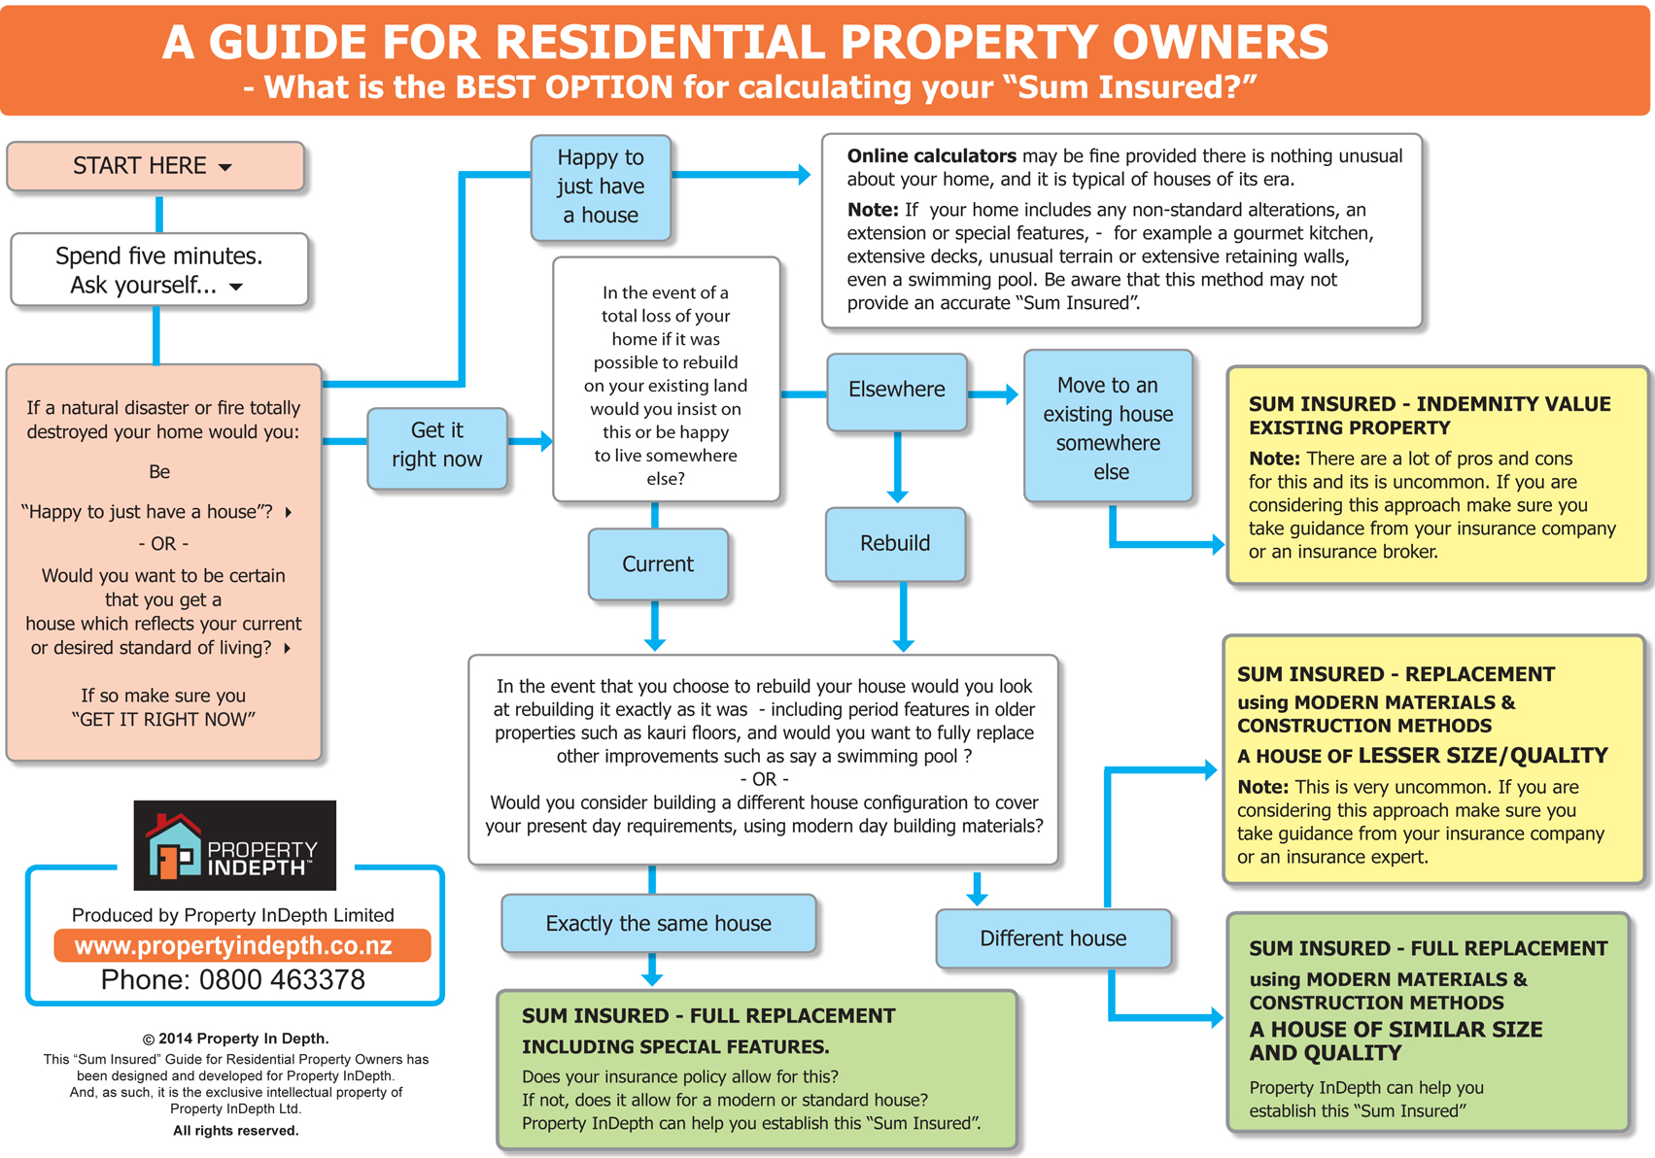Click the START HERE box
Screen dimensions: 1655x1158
(155, 166)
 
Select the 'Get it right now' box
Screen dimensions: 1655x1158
(436, 448)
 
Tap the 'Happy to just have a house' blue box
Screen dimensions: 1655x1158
(601, 187)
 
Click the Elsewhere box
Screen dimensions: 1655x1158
(896, 392)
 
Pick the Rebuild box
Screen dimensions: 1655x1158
(895, 544)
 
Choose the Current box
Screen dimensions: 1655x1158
(658, 564)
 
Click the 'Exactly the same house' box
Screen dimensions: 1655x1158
(658, 923)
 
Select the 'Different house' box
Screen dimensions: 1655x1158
(1053, 938)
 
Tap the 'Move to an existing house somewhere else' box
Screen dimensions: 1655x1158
(1108, 426)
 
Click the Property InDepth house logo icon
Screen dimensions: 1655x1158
(174, 846)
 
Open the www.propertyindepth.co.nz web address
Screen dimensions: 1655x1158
(233, 946)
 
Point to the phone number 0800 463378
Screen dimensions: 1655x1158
(282, 980)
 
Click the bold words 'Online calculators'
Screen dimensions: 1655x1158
(932, 155)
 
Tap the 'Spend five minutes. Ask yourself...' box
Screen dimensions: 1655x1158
(159, 269)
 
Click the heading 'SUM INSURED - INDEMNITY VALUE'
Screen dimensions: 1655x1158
(1430, 404)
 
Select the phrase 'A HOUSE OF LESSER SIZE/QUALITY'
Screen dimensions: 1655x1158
(1423, 756)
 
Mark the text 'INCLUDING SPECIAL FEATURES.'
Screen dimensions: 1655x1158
(675, 1046)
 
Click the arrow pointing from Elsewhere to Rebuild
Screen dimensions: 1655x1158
(897, 466)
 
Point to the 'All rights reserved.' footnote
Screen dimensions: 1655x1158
(236, 1131)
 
